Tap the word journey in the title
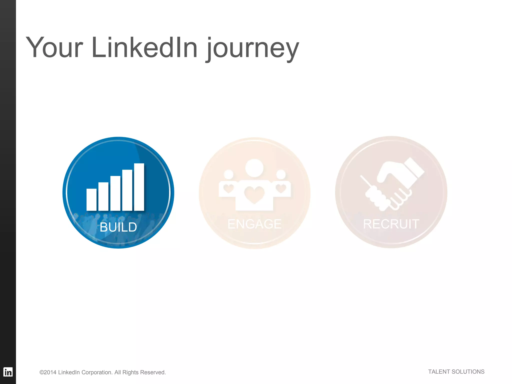coord(252,49)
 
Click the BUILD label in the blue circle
coord(118,227)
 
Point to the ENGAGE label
coord(254,224)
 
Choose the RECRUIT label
coord(391,224)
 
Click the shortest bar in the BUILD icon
coord(91,199)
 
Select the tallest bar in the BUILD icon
coord(139,187)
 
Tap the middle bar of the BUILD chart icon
coord(115,193)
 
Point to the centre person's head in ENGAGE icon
coord(254,167)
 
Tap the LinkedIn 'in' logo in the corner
coord(8,372)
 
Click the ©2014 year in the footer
coord(48,372)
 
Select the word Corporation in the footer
coord(97,372)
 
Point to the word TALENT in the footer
coord(439,372)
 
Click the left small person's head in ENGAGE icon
coord(228,174)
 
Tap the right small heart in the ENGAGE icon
coord(281,188)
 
